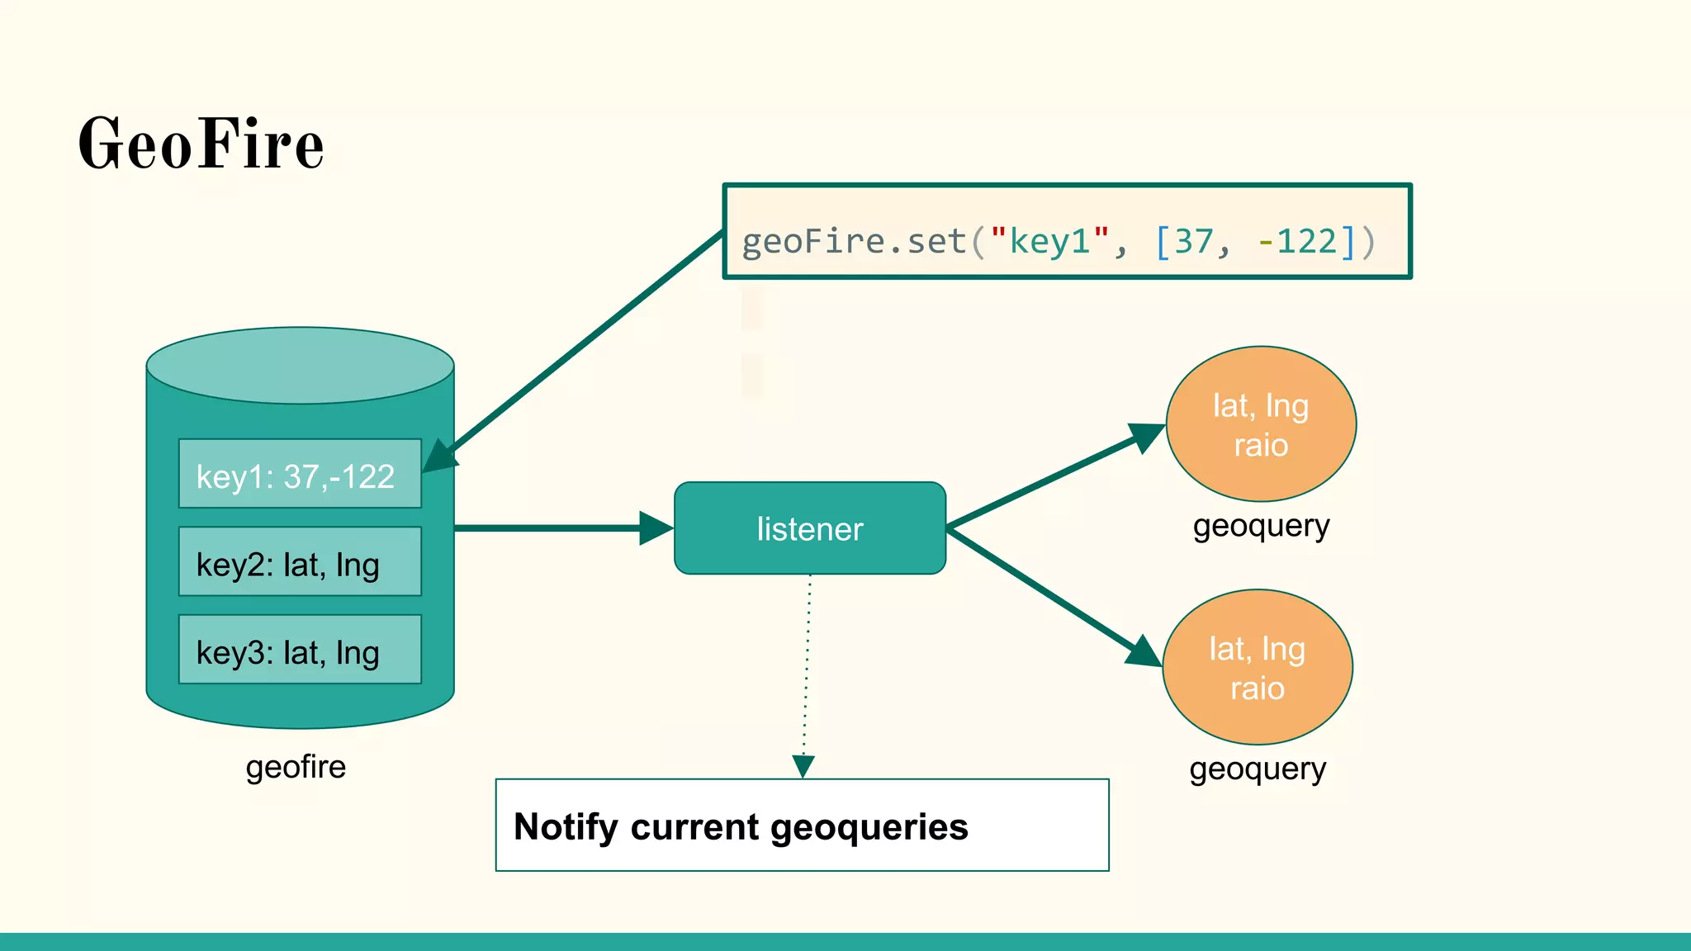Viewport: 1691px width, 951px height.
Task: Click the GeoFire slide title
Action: click(201, 144)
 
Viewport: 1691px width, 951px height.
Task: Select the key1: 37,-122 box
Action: click(300, 474)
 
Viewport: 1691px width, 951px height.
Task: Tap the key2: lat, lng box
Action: click(300, 562)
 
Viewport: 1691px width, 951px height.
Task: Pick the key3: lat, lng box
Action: click(300, 650)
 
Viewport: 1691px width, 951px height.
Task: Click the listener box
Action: click(809, 528)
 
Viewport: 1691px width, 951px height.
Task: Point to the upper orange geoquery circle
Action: click(1261, 423)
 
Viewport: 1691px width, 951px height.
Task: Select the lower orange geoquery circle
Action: click(1257, 667)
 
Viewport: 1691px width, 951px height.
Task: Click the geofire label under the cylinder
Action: click(296, 767)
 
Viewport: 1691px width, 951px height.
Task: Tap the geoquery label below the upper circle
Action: click(1261, 526)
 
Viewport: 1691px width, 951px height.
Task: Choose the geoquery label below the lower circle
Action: click(1257, 769)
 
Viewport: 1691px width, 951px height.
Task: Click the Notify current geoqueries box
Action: click(802, 825)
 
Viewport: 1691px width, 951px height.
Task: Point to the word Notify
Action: click(565, 826)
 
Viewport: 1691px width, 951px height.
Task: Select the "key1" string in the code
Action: click(1049, 242)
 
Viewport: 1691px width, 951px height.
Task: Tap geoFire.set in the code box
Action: click(853, 242)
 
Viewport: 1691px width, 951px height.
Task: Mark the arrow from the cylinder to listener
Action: click(561, 528)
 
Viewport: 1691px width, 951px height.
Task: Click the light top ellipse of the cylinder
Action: click(300, 365)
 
